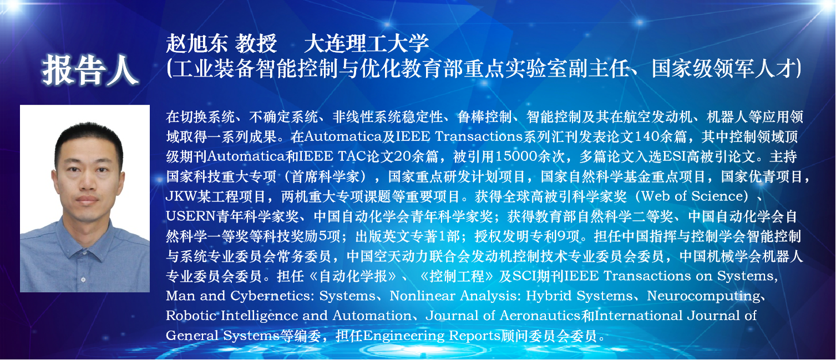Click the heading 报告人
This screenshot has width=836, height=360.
(90, 70)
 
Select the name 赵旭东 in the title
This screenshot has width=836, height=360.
(197, 43)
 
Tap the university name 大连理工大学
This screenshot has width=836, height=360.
(367, 43)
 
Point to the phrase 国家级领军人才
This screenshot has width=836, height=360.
(723, 68)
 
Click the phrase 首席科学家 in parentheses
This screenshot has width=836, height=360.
(325, 176)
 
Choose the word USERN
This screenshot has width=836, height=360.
(191, 216)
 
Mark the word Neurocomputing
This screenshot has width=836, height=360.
(703, 296)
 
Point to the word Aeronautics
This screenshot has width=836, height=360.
(540, 316)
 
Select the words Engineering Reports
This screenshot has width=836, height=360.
(432, 336)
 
